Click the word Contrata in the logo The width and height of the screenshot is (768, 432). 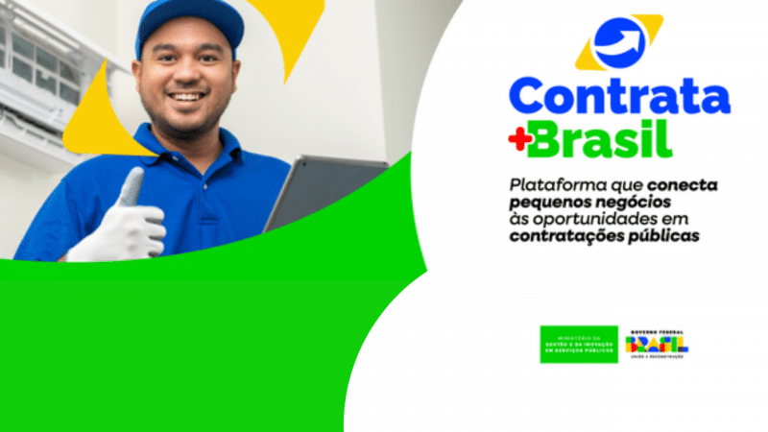pos(618,97)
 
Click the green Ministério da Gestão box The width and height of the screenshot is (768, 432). pos(578,344)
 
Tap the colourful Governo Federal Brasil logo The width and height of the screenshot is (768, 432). pos(658,343)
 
